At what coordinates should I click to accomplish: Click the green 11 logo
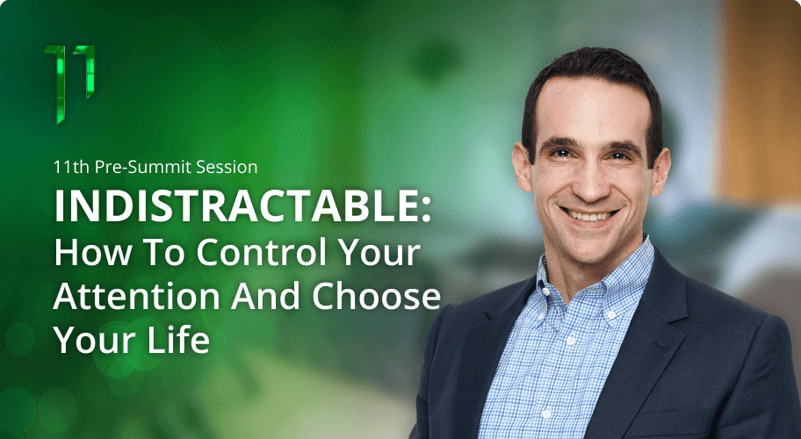pyautogui.click(x=69, y=83)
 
